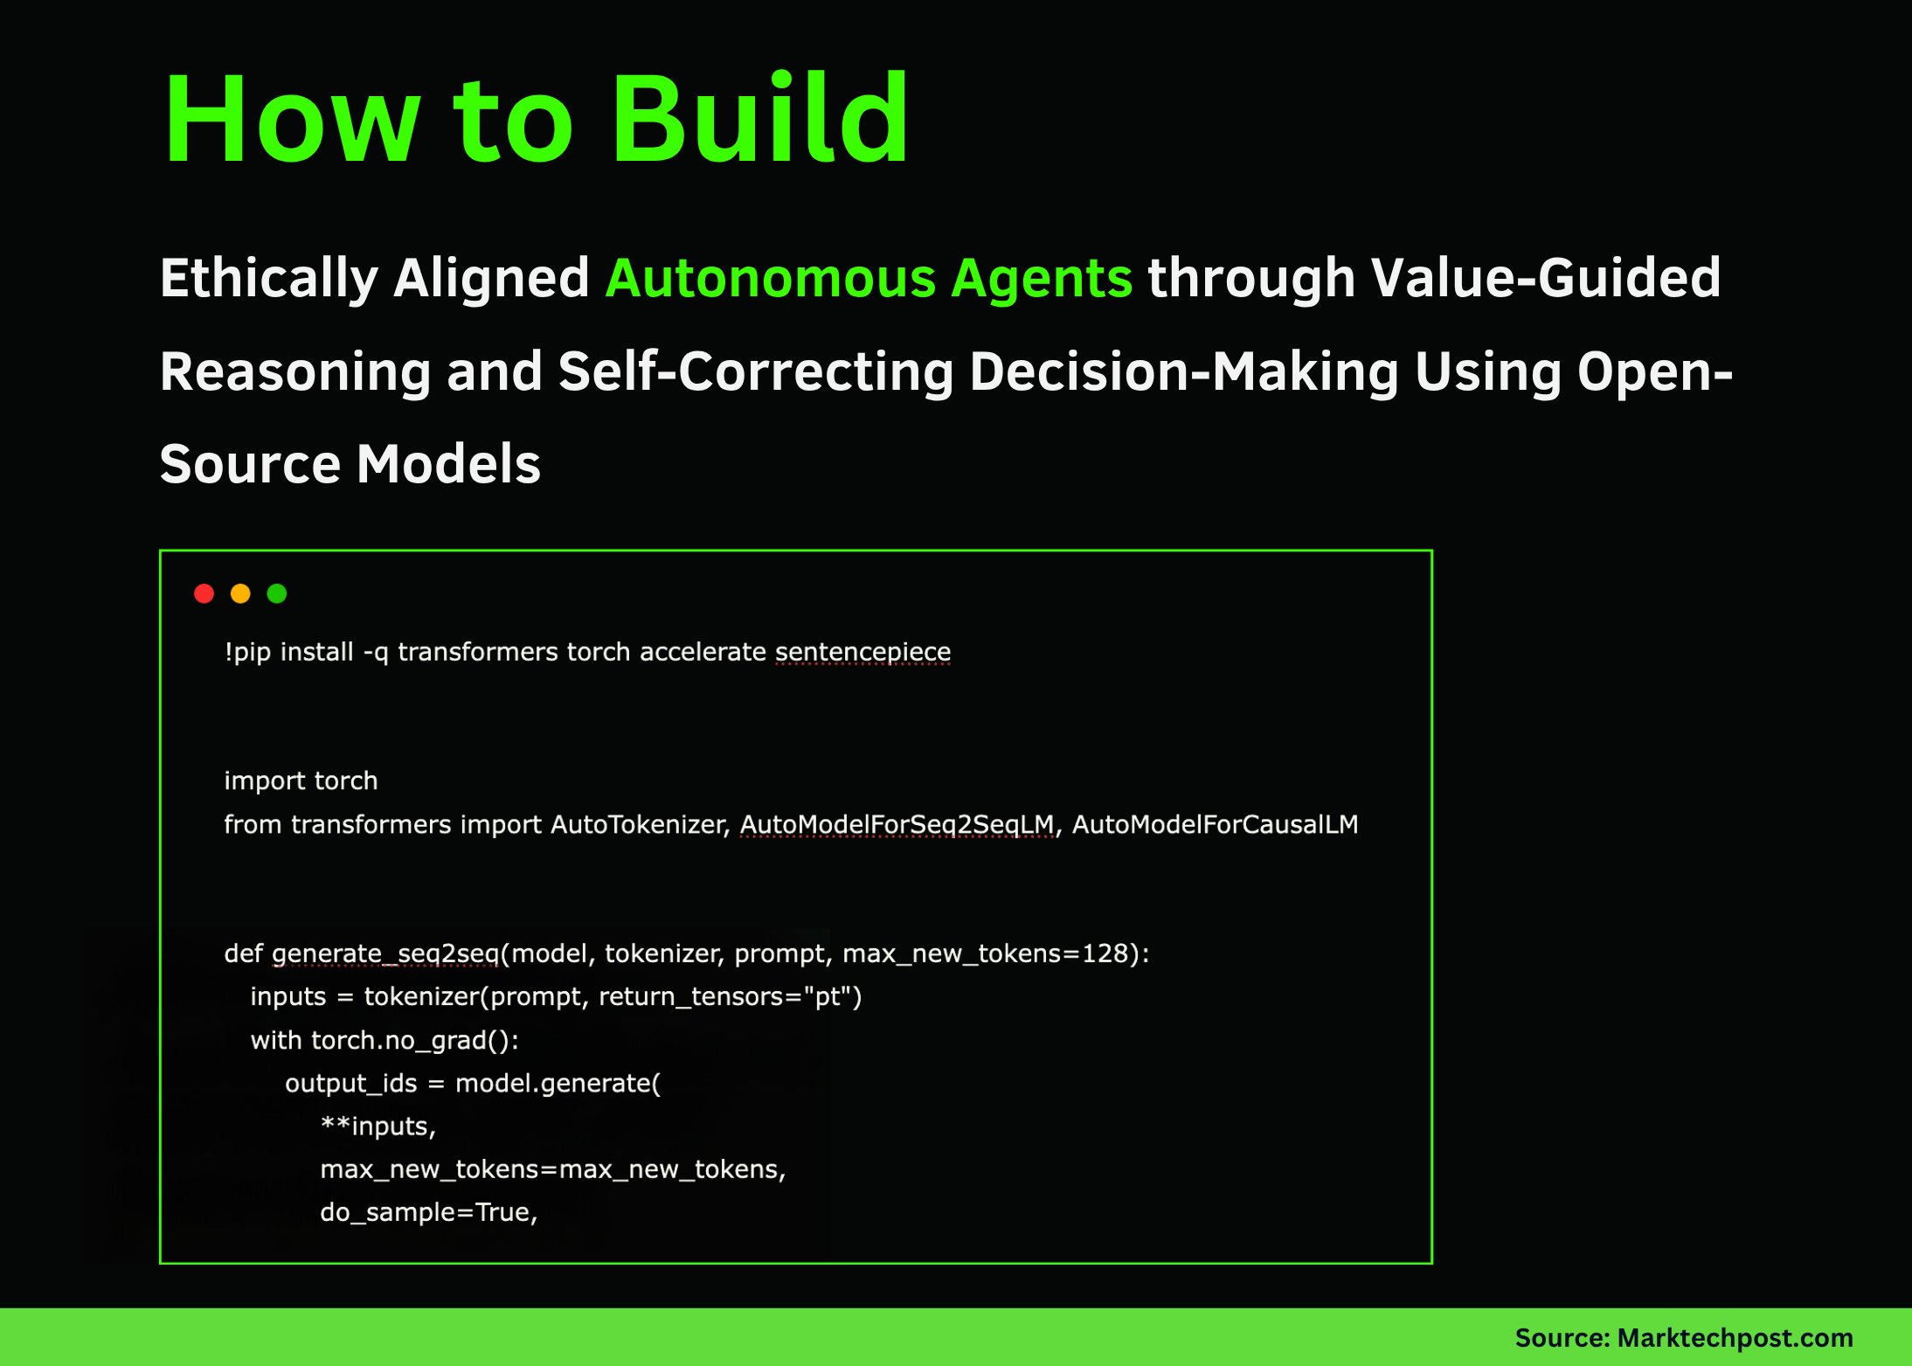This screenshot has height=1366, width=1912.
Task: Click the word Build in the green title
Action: tap(760, 118)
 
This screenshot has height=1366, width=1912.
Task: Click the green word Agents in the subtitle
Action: tap(1042, 278)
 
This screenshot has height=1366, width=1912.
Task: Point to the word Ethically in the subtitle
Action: tap(268, 278)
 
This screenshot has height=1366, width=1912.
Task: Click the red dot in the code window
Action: tap(204, 594)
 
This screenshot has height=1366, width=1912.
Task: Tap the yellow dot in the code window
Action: tap(240, 594)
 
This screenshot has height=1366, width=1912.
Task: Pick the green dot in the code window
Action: tap(277, 594)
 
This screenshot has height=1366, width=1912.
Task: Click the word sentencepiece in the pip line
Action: tap(862, 652)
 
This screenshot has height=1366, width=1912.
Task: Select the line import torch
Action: tap(301, 780)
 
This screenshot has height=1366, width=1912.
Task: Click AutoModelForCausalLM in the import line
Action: tap(1215, 824)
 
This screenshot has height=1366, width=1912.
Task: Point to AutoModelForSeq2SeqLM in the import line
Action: tap(897, 824)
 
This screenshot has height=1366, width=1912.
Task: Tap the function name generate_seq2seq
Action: tap(384, 953)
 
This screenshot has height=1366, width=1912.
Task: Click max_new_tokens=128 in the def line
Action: tap(986, 953)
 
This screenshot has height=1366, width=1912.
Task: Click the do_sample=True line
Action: tap(428, 1212)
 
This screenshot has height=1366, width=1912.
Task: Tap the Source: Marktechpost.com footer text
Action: tap(1683, 1337)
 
